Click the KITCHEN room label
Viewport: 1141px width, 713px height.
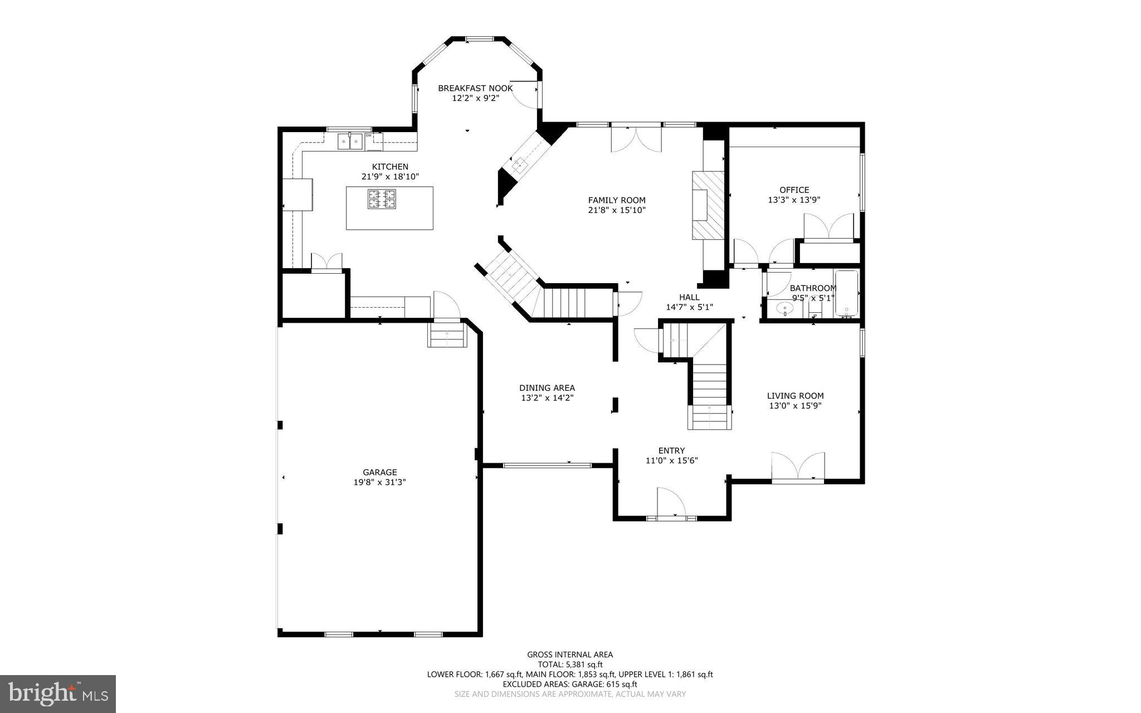tap(390, 167)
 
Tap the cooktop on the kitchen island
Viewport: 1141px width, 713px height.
tap(382, 199)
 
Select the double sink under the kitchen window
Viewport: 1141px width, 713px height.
tap(350, 142)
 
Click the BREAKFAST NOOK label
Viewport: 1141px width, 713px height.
tap(475, 88)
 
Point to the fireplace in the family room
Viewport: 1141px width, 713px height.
tap(708, 205)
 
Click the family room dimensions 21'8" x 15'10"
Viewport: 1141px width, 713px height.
tap(617, 210)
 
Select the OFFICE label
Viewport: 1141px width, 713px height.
tap(794, 190)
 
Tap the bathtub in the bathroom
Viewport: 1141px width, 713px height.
tap(846, 294)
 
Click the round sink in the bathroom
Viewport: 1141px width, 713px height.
tap(786, 308)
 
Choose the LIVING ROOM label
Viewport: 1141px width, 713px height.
tap(795, 396)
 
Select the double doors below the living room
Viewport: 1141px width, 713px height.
tap(798, 467)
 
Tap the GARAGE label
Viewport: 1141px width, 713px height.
tap(379, 472)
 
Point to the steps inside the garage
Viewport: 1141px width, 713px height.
tap(447, 336)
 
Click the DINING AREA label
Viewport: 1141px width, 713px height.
tap(547, 388)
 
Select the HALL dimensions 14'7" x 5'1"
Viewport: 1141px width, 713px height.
tap(689, 307)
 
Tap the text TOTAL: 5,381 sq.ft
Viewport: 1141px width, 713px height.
tap(570, 665)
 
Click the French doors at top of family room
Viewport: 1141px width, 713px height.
tap(636, 139)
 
